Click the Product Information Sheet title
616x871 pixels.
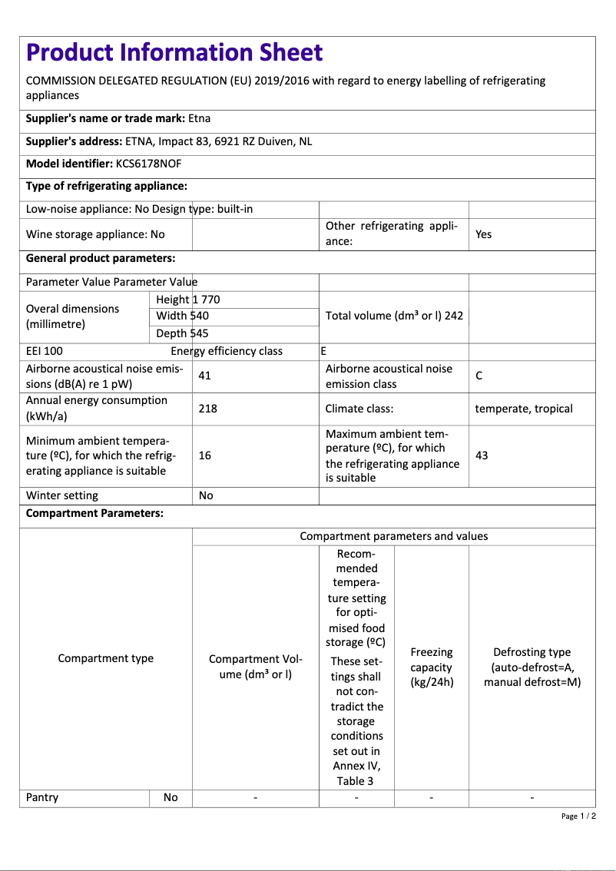coord(174,52)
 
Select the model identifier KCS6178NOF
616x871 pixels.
coord(148,164)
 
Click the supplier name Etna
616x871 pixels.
coord(199,118)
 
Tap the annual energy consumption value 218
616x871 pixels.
coord(207,409)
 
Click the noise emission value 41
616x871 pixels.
coord(204,376)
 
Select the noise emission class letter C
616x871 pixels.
coord(479,376)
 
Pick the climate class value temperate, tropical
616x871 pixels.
coord(524,409)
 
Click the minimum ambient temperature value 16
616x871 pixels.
coord(204,455)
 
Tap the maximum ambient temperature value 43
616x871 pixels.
coord(482,455)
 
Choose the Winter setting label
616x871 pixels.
coord(62,495)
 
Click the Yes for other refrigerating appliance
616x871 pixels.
coord(483,234)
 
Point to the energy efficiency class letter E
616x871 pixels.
coord(323,351)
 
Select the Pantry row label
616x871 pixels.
coord(42,797)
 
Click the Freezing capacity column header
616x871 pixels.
coord(431,667)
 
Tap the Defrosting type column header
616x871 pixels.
coord(532,667)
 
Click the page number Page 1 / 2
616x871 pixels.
coord(578,816)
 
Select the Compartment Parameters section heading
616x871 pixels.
coord(94,513)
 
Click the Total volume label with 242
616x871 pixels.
coord(394,316)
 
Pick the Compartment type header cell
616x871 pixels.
coord(106,658)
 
